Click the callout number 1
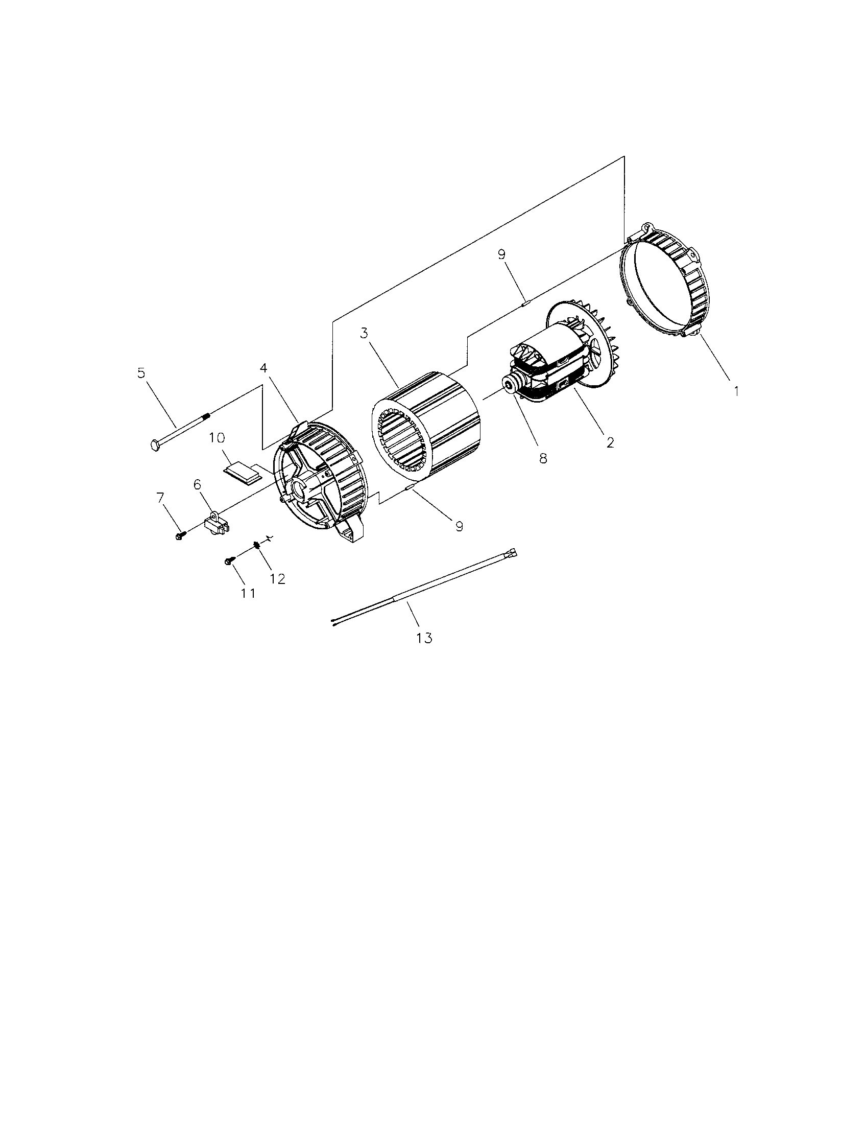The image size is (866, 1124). coord(736,391)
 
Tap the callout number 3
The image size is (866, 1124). coord(364,333)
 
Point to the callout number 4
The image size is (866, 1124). coord(263,368)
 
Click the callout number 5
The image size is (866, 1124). coord(141,372)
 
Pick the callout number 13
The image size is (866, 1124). coord(424,638)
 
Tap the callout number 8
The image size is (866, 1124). coord(543,459)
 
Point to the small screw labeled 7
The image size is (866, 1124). coord(180,536)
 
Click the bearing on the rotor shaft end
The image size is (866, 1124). coord(511,384)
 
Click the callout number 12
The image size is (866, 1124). coord(277,578)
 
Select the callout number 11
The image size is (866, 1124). coord(248,593)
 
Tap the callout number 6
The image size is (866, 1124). coord(197,484)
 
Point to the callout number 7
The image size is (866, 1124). coord(160,497)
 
